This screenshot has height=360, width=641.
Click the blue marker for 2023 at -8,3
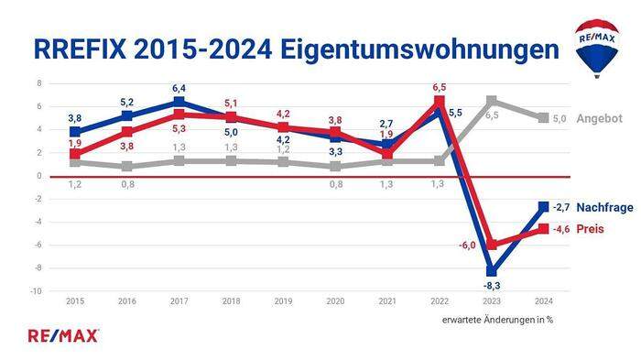click(x=492, y=271)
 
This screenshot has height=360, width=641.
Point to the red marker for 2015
click(x=75, y=154)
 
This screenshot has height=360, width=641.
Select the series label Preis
click(x=590, y=229)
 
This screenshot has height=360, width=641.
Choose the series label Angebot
click(x=601, y=119)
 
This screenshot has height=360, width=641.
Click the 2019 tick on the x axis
click(x=283, y=300)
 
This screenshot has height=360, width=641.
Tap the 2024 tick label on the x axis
click(x=543, y=300)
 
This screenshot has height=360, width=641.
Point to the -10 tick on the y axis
click(x=37, y=291)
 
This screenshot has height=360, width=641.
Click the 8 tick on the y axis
click(x=39, y=83)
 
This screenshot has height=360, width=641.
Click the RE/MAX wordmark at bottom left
click(x=64, y=335)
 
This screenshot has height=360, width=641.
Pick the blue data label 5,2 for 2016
click(x=127, y=102)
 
